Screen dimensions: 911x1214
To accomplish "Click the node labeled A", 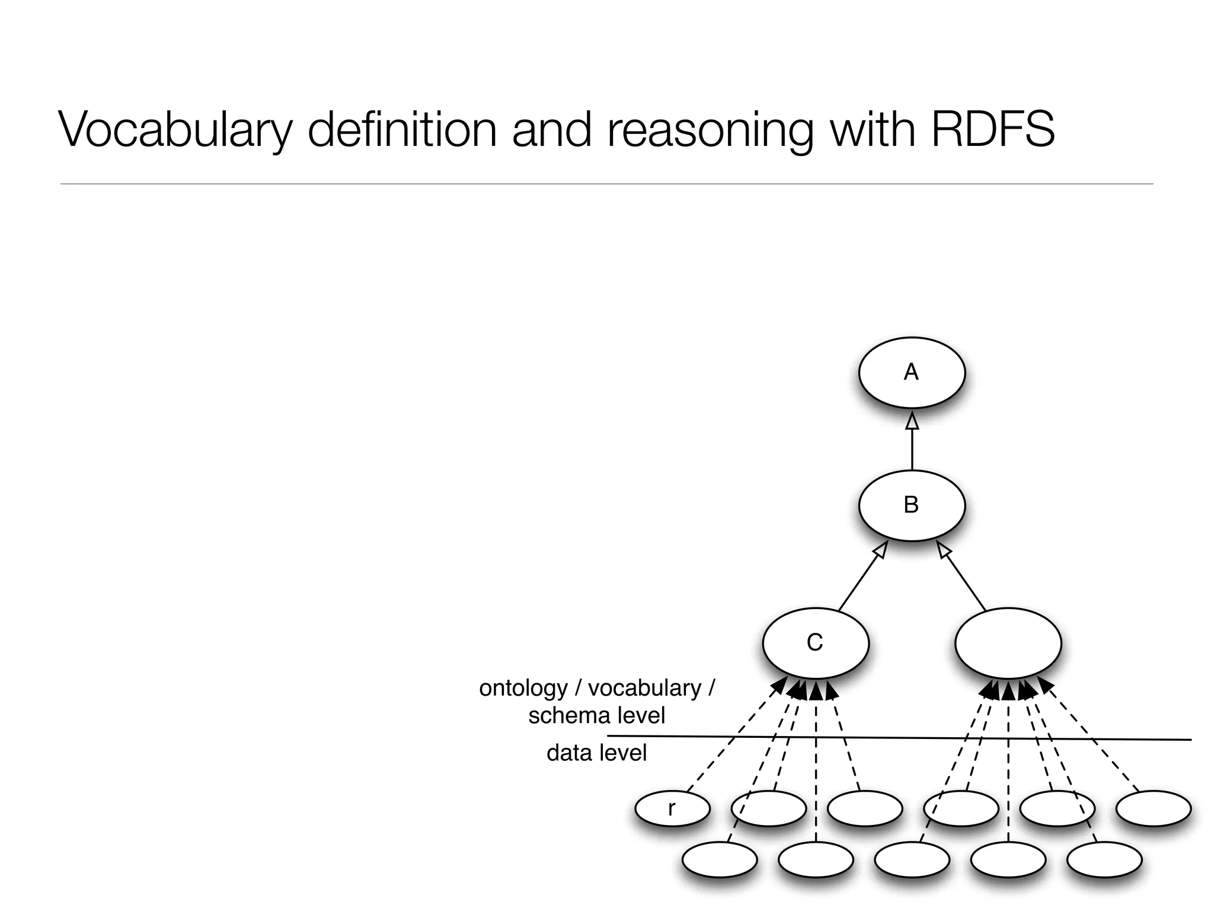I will tap(911, 372).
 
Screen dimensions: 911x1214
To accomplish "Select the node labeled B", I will tap(911, 505).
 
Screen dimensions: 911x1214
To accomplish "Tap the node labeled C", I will tap(815, 643).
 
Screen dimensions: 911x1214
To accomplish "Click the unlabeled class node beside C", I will tap(1008, 643).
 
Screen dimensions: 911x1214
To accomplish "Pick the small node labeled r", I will tap(672, 808).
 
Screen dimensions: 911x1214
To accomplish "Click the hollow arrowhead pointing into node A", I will tap(912, 422).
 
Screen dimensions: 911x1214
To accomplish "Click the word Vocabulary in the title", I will tap(175, 129).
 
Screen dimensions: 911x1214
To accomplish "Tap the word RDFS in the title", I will tap(993, 129).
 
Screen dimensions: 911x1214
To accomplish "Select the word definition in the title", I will tap(402, 129).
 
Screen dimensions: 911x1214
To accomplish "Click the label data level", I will tap(596, 753).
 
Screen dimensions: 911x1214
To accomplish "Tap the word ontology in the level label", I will tap(523, 688).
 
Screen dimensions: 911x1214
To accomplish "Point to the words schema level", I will tap(596, 715).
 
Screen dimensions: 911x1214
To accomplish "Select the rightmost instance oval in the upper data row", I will tap(1153, 808).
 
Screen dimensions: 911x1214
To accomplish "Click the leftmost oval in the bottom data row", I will tap(719, 859).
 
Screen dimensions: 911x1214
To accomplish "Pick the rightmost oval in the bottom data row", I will tap(1104, 859).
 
